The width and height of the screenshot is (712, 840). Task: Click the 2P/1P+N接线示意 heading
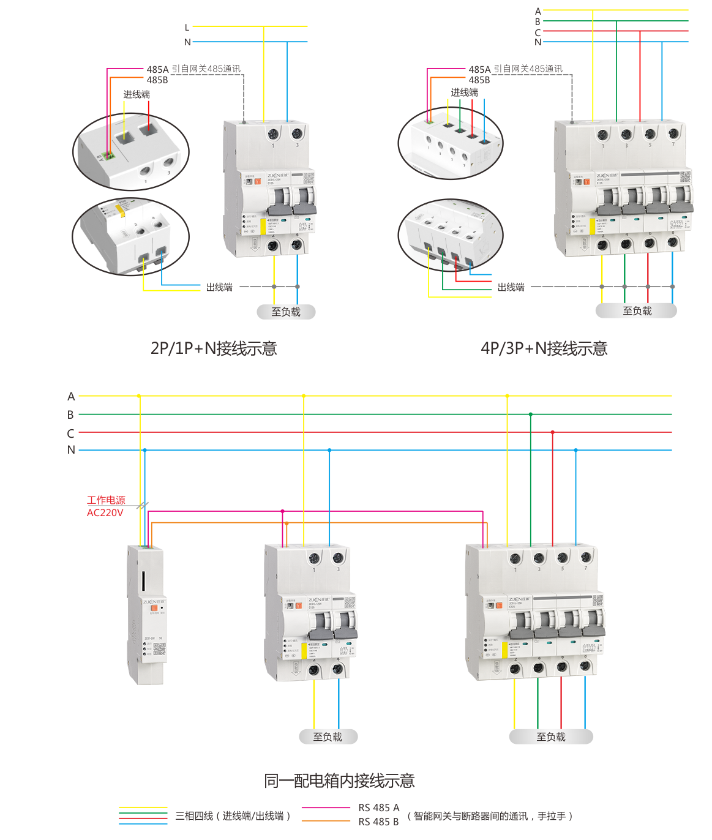pos(214,348)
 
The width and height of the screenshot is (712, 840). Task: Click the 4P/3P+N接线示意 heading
pos(544,348)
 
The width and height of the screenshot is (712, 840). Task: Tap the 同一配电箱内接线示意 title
pos(339,781)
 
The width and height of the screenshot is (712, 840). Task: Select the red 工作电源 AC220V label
pos(105,506)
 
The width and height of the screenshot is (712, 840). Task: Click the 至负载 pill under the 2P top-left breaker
pos(286,312)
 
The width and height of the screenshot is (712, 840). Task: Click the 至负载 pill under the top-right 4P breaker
pos(637,311)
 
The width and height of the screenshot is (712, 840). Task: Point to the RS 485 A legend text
pos(378,808)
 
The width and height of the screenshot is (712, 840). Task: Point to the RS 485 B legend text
pos(378,822)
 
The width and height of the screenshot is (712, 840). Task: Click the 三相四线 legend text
pos(233,816)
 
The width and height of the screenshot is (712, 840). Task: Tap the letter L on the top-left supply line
pos(187,28)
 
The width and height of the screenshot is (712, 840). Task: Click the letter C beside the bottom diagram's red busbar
pos(71,433)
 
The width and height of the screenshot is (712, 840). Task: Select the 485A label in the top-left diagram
pos(157,69)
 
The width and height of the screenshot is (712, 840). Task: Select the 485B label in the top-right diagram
pos(479,80)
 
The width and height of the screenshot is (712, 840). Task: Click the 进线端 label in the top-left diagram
pos(137,94)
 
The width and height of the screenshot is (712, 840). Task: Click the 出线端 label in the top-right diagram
pos(511,287)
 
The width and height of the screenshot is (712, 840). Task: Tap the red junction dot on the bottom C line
pos(553,432)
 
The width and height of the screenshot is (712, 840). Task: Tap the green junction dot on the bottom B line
pos(531,414)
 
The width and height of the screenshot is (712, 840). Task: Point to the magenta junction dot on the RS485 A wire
pos(282,511)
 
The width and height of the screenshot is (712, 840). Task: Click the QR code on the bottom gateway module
pos(159,648)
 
